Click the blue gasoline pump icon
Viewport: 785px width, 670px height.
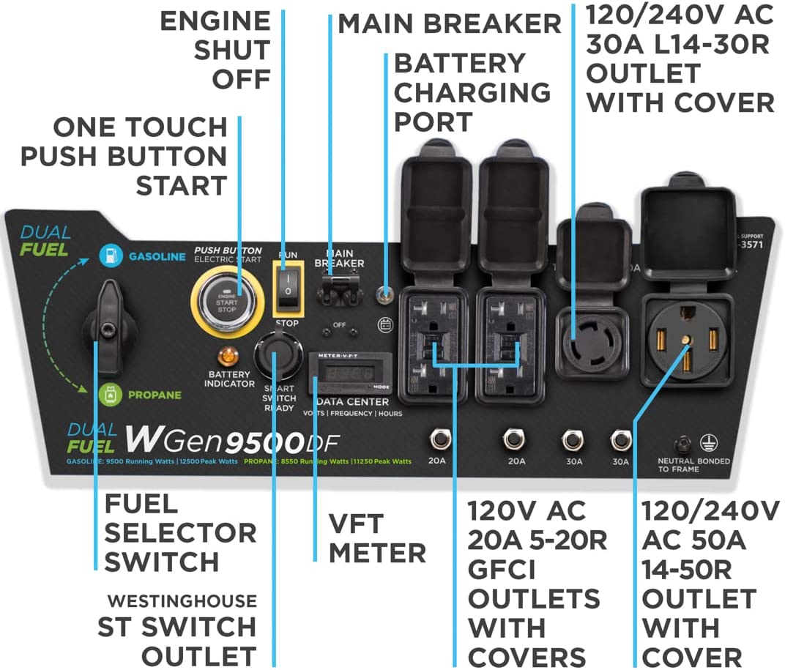coord(109,256)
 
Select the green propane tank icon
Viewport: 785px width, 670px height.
coord(109,395)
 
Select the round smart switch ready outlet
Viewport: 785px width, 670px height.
coord(278,354)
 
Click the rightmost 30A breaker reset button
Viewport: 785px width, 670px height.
coord(621,440)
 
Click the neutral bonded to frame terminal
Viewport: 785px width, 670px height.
coord(684,443)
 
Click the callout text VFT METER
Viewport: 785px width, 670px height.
coord(376,538)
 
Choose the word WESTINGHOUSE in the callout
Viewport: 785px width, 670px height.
coord(182,601)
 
